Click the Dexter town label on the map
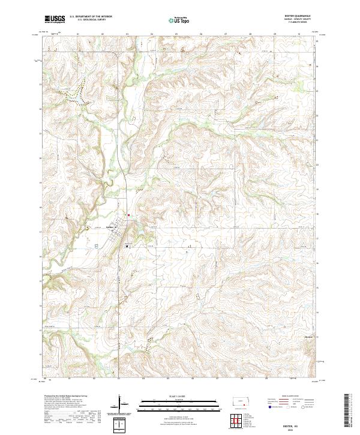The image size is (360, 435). [110, 227]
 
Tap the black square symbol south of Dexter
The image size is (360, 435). [127, 245]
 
